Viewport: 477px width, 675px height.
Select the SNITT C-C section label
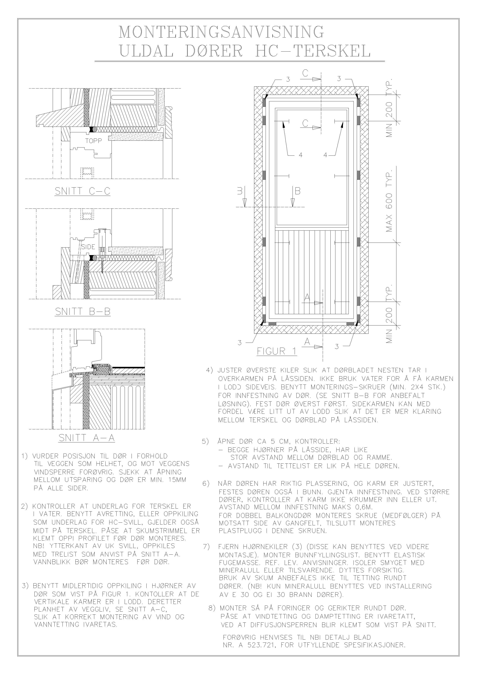[82, 191]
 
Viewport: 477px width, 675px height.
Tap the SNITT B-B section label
[83, 312]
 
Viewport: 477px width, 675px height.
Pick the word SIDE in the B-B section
[88, 247]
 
